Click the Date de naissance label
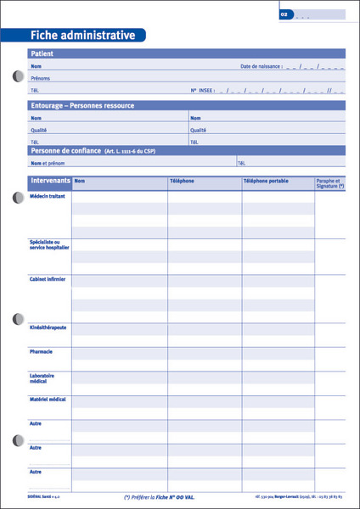(x=262, y=66)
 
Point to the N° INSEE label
(x=202, y=88)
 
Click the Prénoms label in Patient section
(x=39, y=77)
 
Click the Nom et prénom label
(x=48, y=162)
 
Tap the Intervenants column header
(x=50, y=182)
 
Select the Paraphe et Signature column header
(x=329, y=183)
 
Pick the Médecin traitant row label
(x=48, y=196)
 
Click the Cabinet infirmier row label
(x=48, y=278)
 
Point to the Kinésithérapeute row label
(x=48, y=327)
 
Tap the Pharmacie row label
(x=41, y=351)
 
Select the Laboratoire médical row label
(x=42, y=378)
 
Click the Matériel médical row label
(x=48, y=399)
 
